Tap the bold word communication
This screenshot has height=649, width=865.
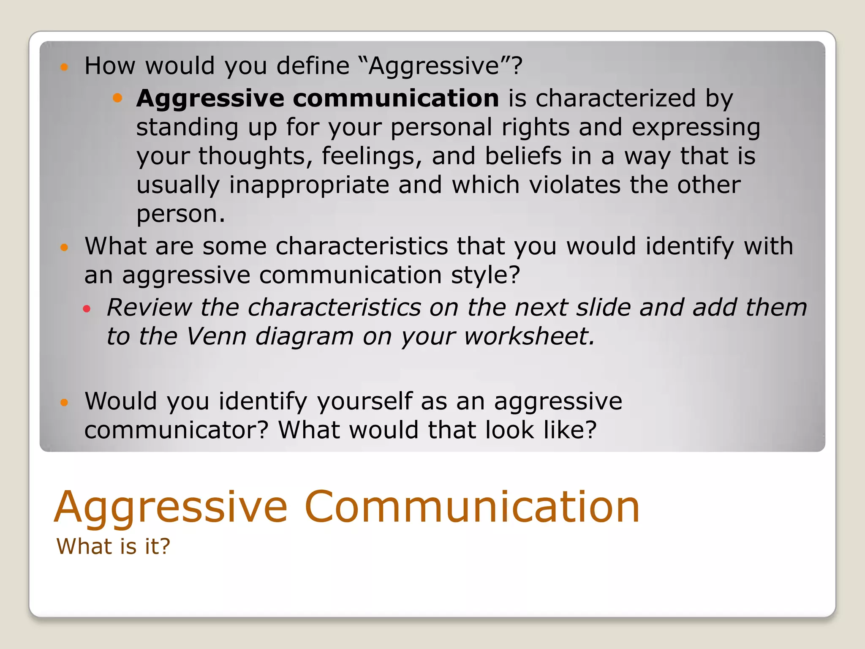396,98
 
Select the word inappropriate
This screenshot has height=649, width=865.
309,185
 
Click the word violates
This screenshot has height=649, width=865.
574,185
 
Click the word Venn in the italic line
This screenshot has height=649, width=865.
216,336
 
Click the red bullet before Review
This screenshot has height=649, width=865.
87,309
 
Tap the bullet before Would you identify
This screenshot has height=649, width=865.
64,402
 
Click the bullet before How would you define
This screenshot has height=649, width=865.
64,67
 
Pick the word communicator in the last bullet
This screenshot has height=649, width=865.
176,430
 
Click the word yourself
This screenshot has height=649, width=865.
364,401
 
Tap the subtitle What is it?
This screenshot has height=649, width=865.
113,546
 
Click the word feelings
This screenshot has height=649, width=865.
372,156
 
